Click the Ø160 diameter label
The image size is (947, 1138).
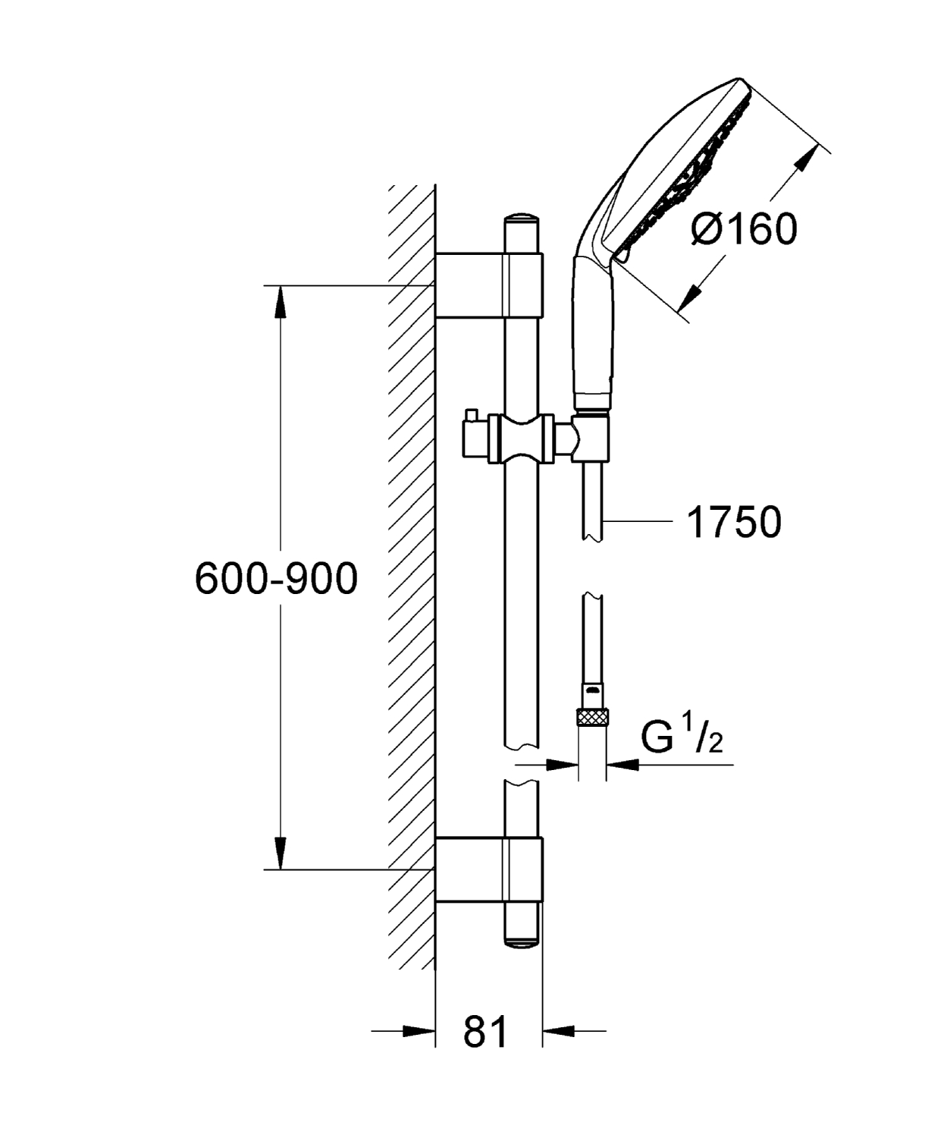[x=744, y=228]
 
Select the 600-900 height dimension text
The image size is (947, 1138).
[x=276, y=579]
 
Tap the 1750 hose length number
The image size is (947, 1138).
[x=733, y=522]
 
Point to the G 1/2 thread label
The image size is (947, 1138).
[x=681, y=736]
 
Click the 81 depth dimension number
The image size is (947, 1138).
[x=485, y=1032]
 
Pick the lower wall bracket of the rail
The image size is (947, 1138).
[x=489, y=870]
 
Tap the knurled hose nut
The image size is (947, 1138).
[x=593, y=716]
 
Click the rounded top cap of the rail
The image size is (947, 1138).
[x=522, y=219]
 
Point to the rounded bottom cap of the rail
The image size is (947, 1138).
[x=522, y=939]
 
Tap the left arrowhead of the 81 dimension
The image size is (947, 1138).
[x=420, y=1031]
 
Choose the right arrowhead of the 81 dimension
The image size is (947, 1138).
[x=558, y=1031]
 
